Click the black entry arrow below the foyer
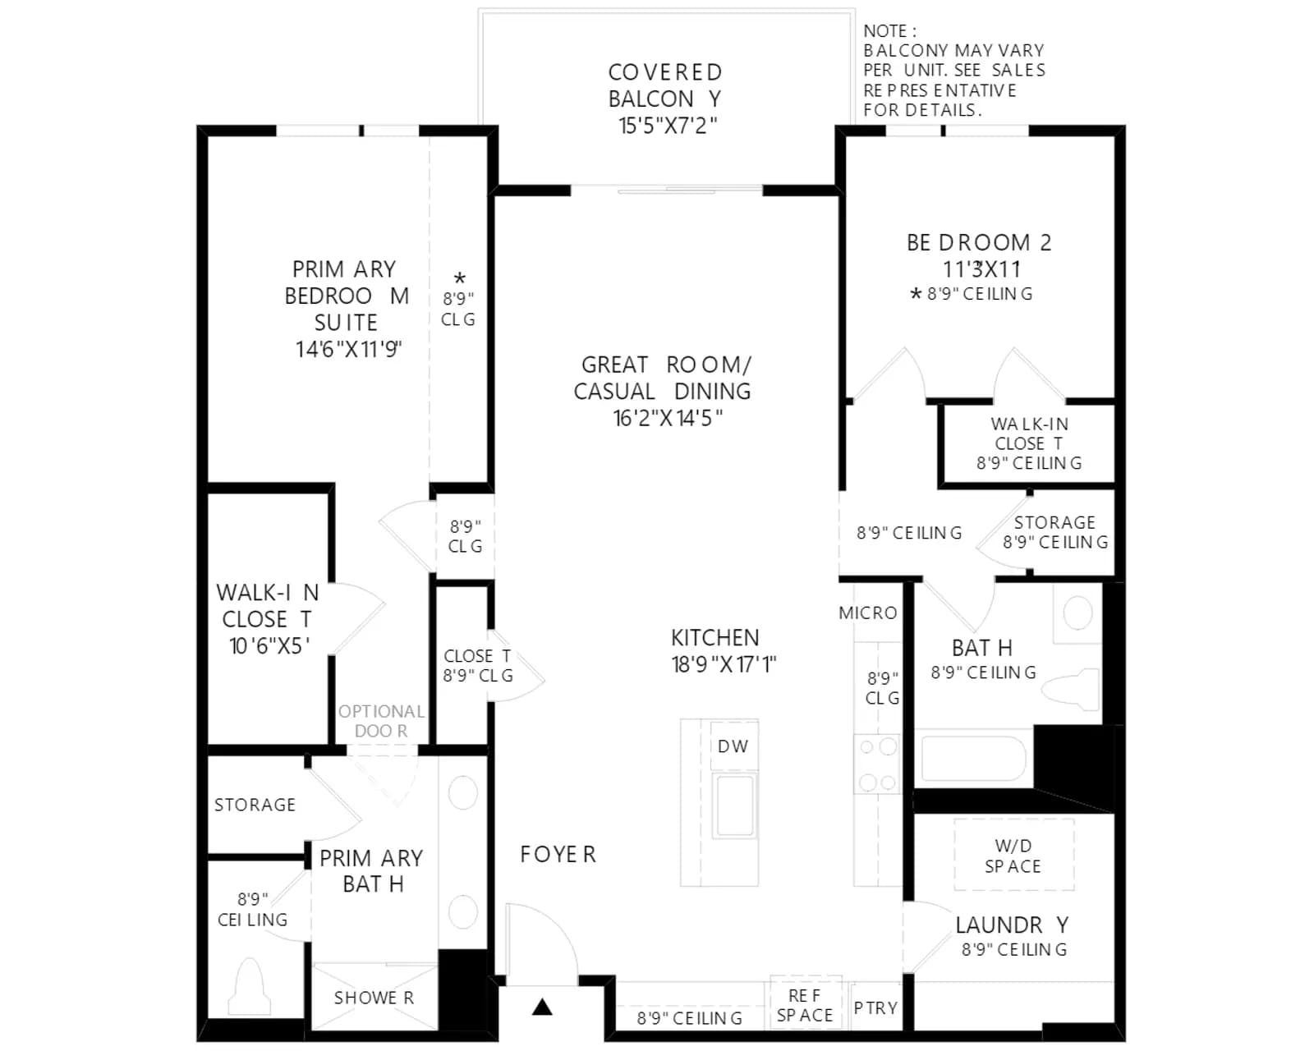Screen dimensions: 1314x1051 tap(541, 1007)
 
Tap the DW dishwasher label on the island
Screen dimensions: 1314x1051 tap(733, 746)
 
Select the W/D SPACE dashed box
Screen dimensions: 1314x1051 tap(1014, 855)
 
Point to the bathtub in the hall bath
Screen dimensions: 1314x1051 tap(974, 759)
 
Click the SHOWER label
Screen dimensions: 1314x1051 tap(374, 998)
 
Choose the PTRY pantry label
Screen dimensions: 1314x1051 tap(875, 1008)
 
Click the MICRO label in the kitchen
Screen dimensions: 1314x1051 tap(868, 613)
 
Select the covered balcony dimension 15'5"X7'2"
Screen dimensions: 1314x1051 tap(668, 126)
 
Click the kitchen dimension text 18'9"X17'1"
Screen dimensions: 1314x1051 tap(724, 664)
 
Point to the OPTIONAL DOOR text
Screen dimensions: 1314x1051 tap(382, 721)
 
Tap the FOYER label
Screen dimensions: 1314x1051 tap(558, 855)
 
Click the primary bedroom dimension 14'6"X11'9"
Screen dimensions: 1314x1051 tap(349, 349)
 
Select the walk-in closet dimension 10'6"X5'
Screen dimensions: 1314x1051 tap(269, 646)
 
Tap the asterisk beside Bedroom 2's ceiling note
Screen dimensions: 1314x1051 tap(915, 294)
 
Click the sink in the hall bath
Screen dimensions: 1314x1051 tap(1077, 613)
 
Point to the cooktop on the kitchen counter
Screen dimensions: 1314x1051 tap(877, 764)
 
